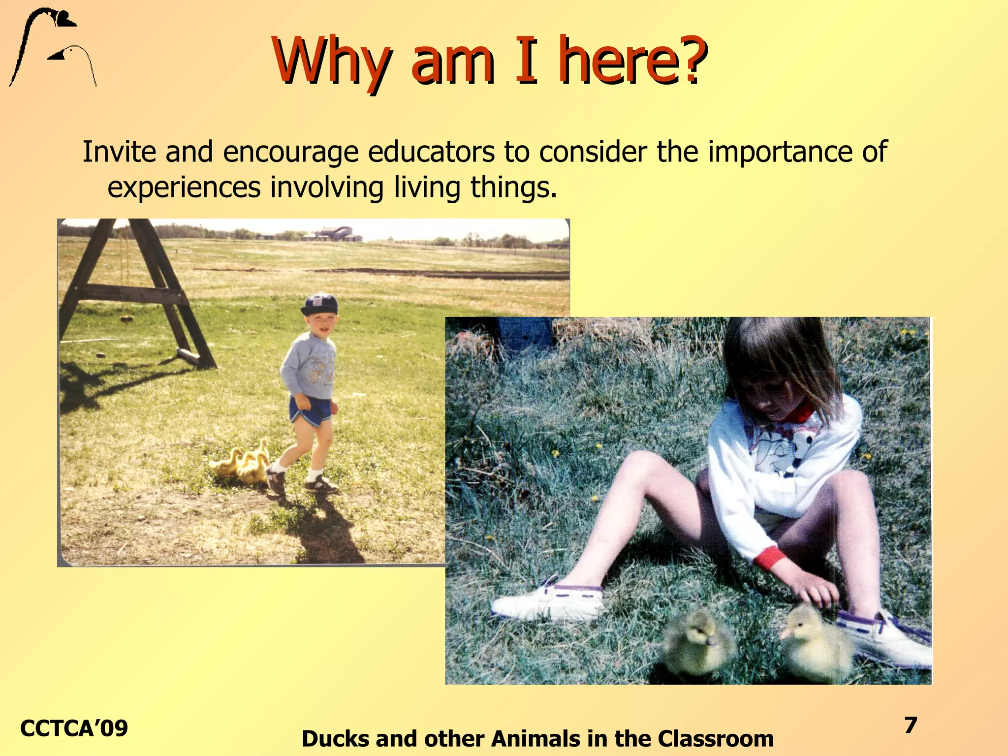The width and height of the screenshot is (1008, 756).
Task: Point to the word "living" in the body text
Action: [427, 188]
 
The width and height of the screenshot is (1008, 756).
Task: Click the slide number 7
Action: [911, 725]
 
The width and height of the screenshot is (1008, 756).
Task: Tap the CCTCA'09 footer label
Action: [74, 728]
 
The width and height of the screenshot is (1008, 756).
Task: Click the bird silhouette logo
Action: [52, 47]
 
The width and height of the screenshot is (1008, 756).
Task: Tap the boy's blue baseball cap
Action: [319, 305]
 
